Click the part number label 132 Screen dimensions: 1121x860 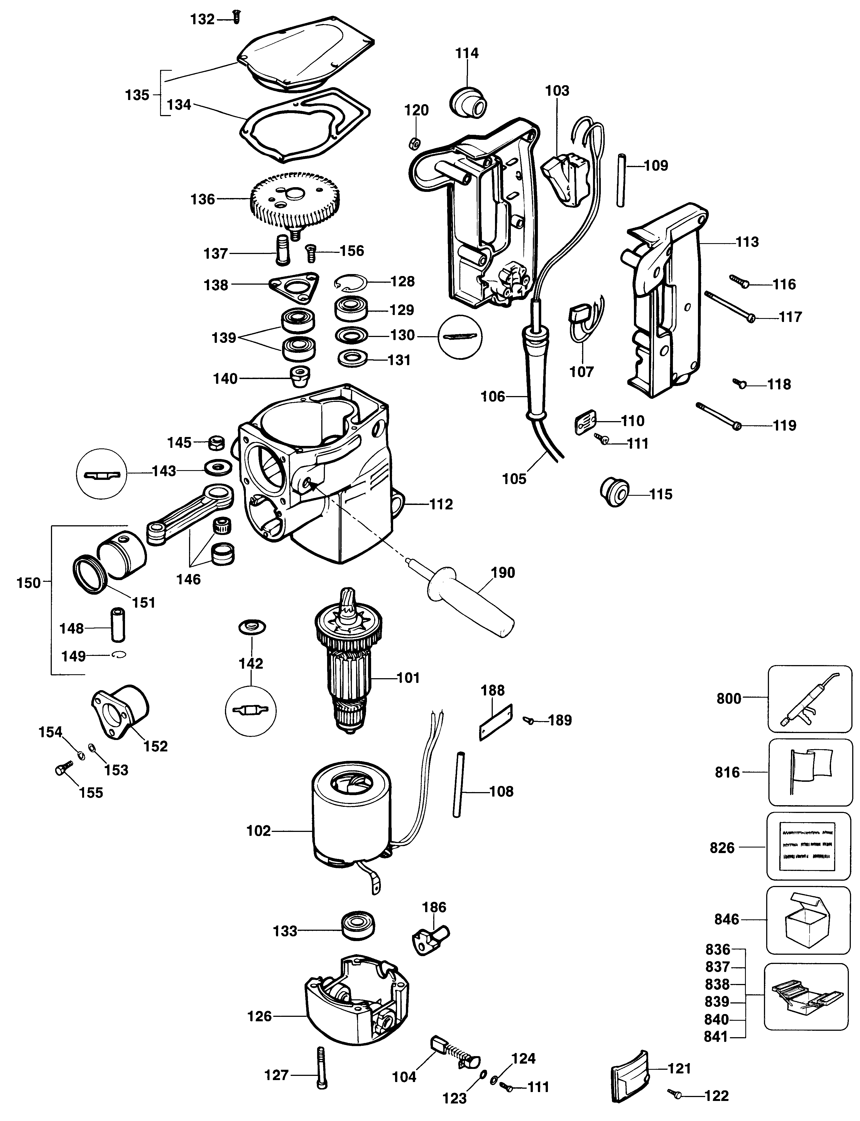pyautogui.click(x=202, y=19)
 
